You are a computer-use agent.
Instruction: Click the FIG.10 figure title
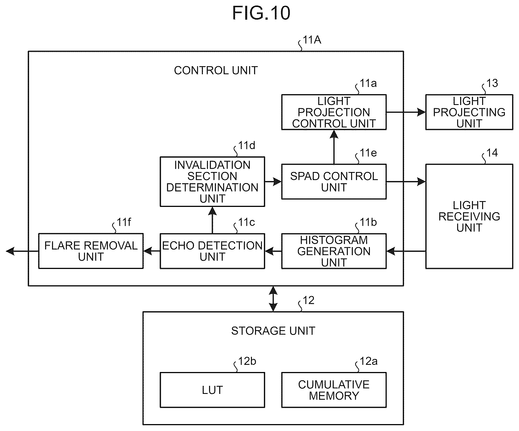261,13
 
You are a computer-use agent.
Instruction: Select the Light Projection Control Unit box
334,112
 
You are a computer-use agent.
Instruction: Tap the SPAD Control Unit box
334,182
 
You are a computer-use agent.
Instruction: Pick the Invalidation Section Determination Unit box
212,182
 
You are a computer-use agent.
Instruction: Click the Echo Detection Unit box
212,251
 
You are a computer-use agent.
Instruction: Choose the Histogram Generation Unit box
334,251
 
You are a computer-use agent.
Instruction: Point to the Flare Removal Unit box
91,251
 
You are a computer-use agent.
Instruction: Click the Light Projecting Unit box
469,112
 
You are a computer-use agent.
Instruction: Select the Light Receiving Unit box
469,216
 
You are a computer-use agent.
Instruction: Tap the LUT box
212,390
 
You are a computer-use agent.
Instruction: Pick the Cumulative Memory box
334,390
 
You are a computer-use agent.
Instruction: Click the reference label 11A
312,40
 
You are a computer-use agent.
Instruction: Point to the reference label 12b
247,361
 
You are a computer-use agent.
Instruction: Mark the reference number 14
492,153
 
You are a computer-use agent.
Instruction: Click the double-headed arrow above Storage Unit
273,299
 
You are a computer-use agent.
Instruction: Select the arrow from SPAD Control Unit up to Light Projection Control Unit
334,147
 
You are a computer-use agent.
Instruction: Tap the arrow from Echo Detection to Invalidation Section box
212,220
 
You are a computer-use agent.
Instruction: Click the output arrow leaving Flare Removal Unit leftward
22,251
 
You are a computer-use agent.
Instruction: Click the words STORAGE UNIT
273,331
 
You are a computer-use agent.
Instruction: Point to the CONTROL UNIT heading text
216,71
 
